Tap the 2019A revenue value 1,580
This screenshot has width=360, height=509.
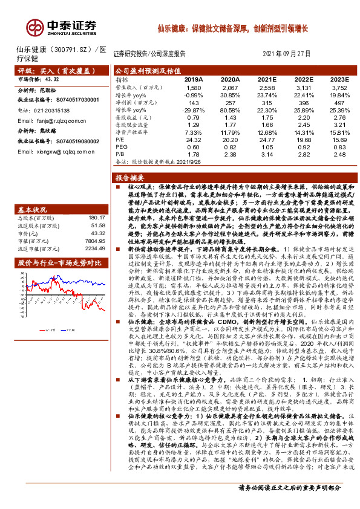[x=192, y=87]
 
